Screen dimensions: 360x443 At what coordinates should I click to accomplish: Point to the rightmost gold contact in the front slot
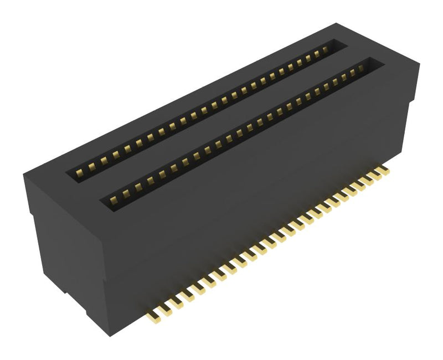360,68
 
